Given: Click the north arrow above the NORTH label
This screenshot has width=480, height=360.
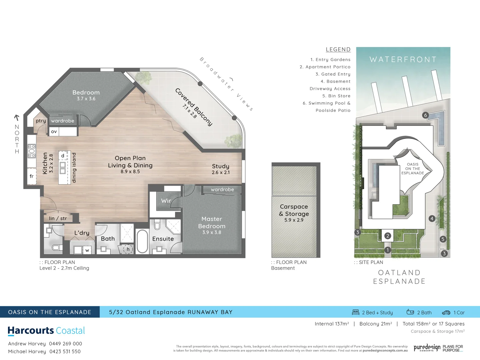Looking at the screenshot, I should pyautogui.click(x=17, y=117).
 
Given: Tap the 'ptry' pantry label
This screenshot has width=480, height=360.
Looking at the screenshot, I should pyautogui.click(x=41, y=121).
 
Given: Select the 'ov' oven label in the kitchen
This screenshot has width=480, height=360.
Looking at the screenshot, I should pyautogui.click(x=54, y=132).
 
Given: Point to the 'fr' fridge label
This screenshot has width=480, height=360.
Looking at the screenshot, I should pyautogui.click(x=32, y=176).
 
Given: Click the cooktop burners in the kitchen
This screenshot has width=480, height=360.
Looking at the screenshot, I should pyautogui.click(x=32, y=151).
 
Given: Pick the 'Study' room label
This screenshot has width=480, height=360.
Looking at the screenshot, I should pyautogui.click(x=221, y=166).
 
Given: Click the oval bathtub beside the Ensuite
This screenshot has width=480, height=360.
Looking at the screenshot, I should pyautogui.click(x=142, y=241).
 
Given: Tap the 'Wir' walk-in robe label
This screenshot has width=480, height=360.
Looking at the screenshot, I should pyautogui.click(x=166, y=201).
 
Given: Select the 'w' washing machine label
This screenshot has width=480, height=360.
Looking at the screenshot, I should pyautogui.click(x=87, y=250).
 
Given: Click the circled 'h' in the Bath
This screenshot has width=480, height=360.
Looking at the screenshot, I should pyautogui.click(x=128, y=249).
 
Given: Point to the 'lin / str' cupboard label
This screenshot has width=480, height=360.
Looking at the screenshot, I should pyautogui.click(x=58, y=218).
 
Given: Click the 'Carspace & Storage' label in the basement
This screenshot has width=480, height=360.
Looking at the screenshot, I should pyautogui.click(x=294, y=210).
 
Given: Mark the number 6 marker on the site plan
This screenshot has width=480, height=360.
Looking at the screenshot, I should pyautogui.click(x=425, y=115).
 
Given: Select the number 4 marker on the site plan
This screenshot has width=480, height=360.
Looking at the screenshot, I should pyautogui.click(x=432, y=219).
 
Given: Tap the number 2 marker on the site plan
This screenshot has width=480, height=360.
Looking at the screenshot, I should pyautogui.click(x=387, y=236).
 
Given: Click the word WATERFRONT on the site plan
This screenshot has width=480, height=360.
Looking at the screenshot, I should pyautogui.click(x=403, y=60).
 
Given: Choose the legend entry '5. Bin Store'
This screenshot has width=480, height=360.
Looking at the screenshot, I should pyautogui.click(x=336, y=96).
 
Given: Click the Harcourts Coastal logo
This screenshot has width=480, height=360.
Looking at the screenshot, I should pyautogui.click(x=46, y=331).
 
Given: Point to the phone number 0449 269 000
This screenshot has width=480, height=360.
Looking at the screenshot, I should pyautogui.click(x=65, y=344).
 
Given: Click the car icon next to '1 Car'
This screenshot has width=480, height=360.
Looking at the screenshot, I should pyautogui.click(x=446, y=313).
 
